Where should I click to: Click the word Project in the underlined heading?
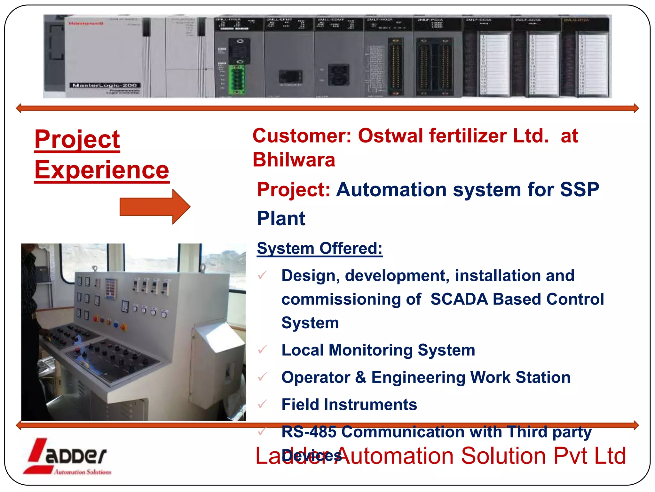coord(77,139)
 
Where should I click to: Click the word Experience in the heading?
coord(102,170)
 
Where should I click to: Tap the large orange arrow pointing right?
coord(155,207)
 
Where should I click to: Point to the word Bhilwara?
coord(294,160)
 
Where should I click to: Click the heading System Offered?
coord(320,248)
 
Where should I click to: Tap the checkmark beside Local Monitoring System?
coord(262,350)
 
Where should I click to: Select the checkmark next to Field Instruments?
coord(262,404)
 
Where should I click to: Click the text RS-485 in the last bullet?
coord(309,432)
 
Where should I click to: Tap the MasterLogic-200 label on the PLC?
coord(105,85)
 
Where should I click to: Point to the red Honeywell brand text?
coord(86,23)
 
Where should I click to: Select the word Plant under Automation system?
coord(281,218)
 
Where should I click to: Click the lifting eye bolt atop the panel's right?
coord(202,268)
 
